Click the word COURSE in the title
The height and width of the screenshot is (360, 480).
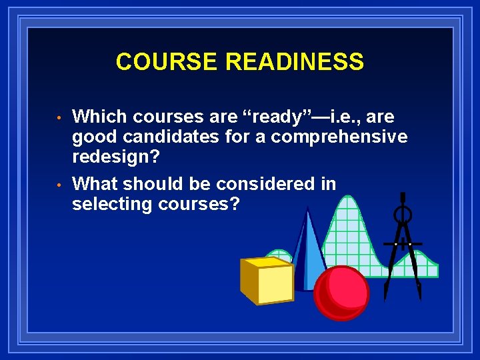(x=168, y=62)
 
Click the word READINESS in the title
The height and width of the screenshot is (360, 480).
(x=295, y=62)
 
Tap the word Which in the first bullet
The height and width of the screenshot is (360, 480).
(x=100, y=117)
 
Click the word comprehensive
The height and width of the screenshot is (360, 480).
(x=339, y=137)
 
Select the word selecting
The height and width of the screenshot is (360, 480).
(x=112, y=204)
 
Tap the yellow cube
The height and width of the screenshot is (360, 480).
(x=267, y=280)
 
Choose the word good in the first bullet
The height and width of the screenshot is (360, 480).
(x=93, y=137)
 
